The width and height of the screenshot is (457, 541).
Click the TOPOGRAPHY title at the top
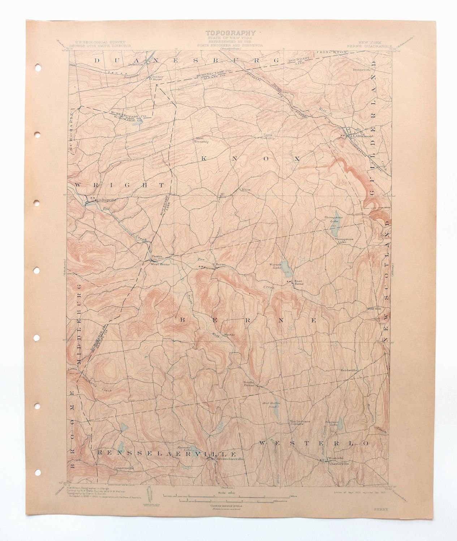pyautogui.click(x=231, y=33)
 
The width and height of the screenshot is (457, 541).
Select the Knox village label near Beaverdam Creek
pyautogui.click(x=246, y=189)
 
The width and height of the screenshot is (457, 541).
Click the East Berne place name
pyautogui.click(x=299, y=282)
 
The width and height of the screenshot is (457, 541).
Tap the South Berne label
pyautogui.click(x=249, y=383)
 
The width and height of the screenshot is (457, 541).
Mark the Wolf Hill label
pyautogui.click(x=374, y=308)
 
